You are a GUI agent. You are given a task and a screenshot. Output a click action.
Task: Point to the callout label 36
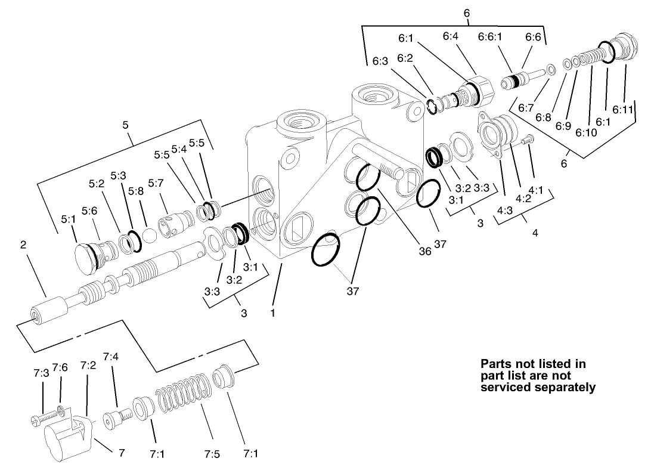tap(424, 251)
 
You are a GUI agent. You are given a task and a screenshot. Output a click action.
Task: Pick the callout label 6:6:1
tap(490, 36)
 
